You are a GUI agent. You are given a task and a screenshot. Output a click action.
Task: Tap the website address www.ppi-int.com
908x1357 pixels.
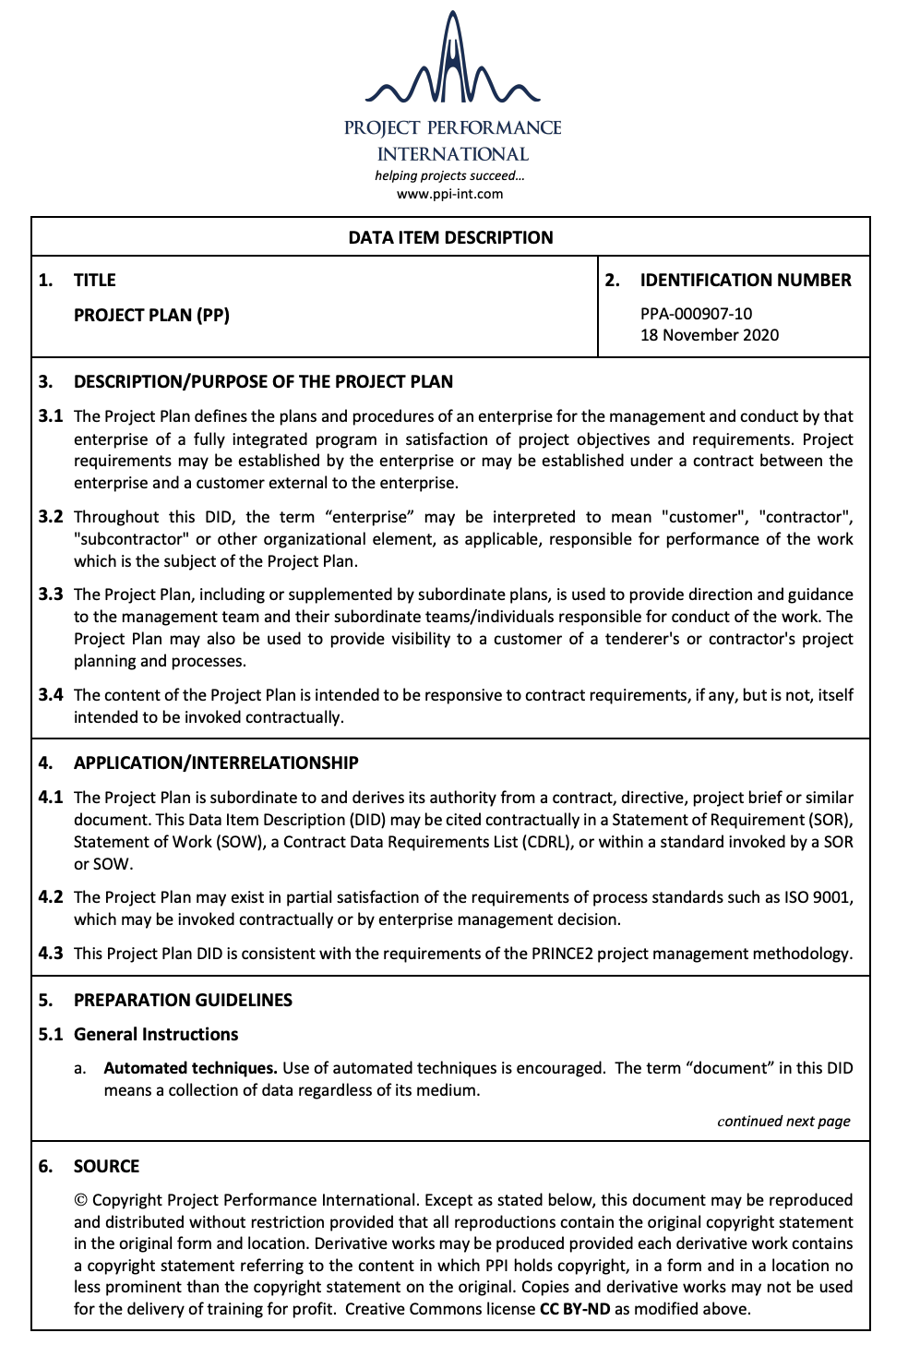click(450, 194)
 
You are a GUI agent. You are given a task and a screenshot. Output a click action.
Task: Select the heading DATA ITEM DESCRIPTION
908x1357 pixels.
click(450, 237)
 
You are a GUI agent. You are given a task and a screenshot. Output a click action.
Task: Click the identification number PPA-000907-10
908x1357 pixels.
click(696, 314)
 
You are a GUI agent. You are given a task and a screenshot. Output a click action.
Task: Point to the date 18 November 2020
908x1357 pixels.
click(709, 335)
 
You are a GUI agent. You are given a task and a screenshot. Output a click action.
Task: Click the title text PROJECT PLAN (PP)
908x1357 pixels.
click(151, 315)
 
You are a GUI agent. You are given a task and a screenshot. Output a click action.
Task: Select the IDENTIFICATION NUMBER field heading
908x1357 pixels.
click(745, 280)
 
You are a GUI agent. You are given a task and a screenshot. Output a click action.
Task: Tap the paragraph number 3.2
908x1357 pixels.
click(51, 517)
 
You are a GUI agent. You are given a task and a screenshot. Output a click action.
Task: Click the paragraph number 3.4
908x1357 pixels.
click(51, 695)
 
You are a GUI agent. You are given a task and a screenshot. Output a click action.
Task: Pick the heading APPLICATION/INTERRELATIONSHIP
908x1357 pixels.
click(216, 763)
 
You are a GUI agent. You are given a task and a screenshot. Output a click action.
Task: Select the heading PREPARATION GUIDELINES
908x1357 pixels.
click(183, 1000)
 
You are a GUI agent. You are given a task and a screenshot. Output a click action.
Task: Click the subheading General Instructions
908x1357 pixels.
click(156, 1034)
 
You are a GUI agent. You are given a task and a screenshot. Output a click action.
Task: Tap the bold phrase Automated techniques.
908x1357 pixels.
click(190, 1068)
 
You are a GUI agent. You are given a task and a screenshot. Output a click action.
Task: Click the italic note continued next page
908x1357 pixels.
click(783, 1122)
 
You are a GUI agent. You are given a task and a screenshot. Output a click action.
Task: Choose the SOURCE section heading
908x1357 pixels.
click(106, 1166)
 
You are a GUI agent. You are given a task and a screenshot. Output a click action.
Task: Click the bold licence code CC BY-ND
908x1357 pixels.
click(575, 1309)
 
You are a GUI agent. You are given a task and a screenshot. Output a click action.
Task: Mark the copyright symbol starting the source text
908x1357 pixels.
click(81, 1200)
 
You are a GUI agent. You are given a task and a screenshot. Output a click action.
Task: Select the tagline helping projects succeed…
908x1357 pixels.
click(449, 175)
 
